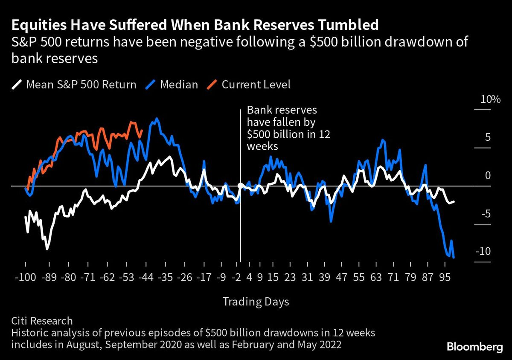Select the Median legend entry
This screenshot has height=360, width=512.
click(x=172, y=84)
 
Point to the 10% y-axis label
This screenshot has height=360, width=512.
click(x=490, y=100)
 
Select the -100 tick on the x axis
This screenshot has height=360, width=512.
click(x=26, y=278)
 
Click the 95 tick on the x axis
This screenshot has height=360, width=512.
click(x=445, y=278)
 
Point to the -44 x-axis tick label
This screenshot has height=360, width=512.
click(x=146, y=278)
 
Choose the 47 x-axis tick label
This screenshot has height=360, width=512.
click(x=341, y=278)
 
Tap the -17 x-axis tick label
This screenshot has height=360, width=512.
click(x=204, y=278)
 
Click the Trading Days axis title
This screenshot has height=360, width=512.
click(x=256, y=302)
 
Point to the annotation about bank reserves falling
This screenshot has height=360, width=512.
click(x=282, y=128)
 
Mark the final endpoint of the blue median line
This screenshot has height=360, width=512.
click(x=453, y=257)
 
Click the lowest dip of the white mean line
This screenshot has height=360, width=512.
click(x=47, y=249)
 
